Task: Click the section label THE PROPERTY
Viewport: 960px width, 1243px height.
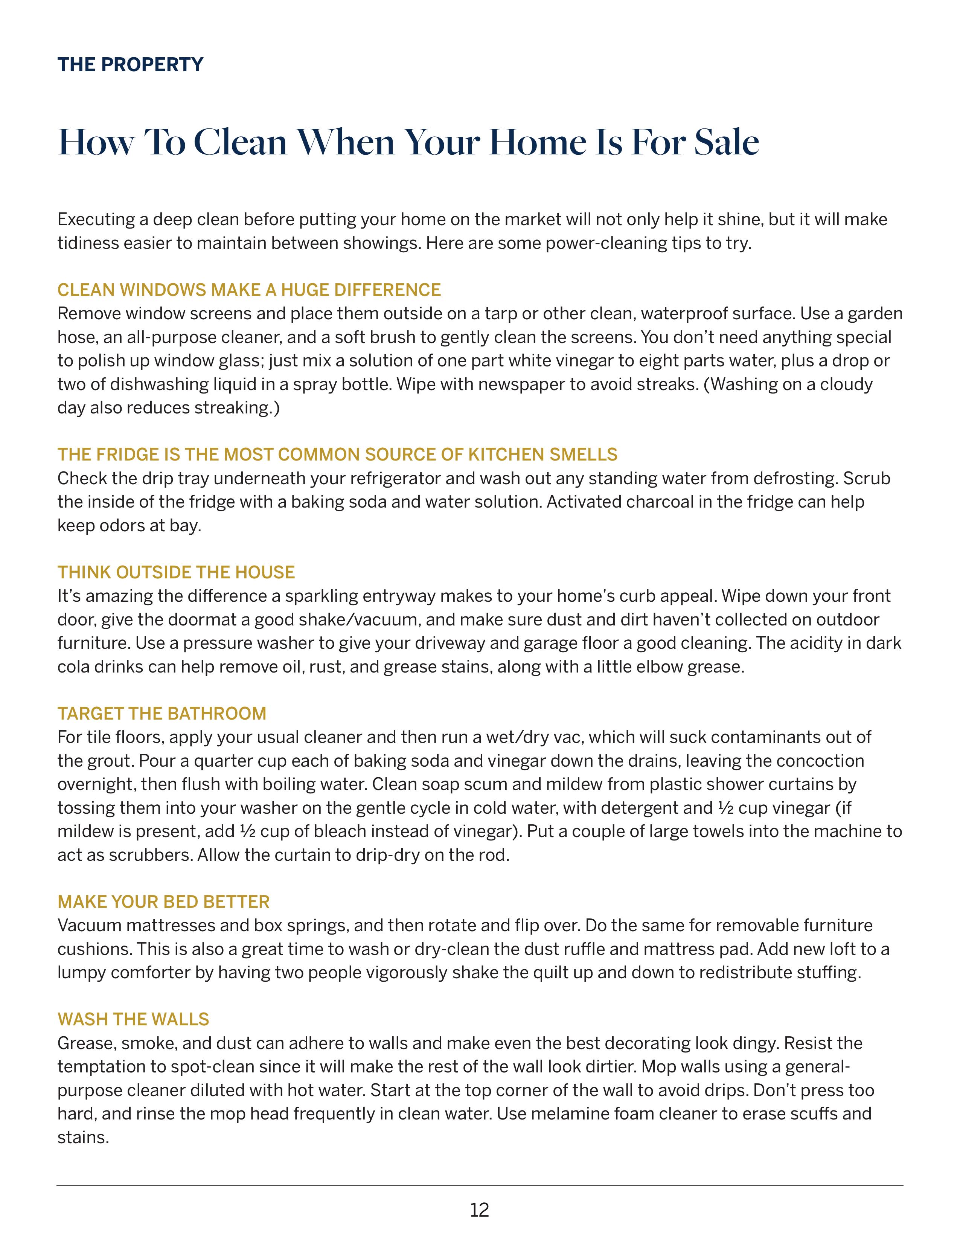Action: [x=130, y=64]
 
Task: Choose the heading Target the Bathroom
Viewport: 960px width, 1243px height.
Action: [x=162, y=713]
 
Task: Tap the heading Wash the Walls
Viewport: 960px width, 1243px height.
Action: [x=133, y=1019]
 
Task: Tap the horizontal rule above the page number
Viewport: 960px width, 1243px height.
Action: [x=479, y=1185]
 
